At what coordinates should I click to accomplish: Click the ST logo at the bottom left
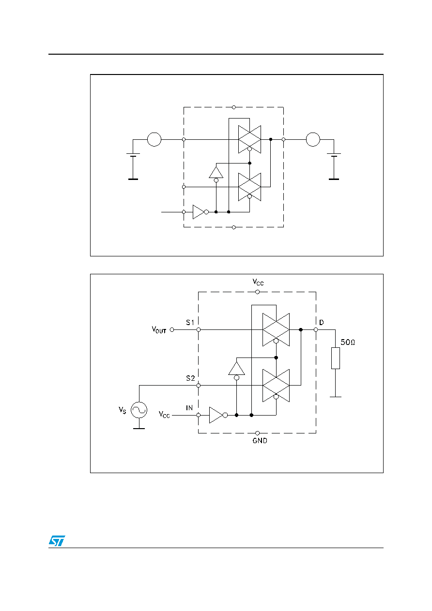coord(57,541)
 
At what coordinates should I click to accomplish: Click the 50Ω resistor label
coord(348,342)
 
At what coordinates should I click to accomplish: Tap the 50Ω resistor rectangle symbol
coord(336,358)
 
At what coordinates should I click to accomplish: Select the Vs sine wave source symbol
coord(139,410)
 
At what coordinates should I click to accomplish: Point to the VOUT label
coord(159,329)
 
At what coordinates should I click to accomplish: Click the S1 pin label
coord(190,322)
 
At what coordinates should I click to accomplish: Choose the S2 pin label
coord(190,378)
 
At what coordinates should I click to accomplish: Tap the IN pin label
coord(189,408)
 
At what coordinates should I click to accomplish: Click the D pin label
coord(322,322)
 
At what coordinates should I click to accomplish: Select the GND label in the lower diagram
coord(260,441)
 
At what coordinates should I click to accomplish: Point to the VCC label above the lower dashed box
coord(258,282)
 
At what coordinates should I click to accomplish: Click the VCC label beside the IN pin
coord(164,415)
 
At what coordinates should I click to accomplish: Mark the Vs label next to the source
coord(123,410)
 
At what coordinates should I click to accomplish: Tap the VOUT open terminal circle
coord(172,330)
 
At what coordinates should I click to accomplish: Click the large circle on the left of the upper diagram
coord(154,139)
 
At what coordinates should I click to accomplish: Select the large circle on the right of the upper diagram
coord(313,139)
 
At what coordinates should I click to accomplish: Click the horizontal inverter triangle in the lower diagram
coord(216,415)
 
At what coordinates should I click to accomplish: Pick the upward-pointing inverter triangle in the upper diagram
coord(216,172)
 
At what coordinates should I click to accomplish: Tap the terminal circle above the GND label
coord(257,433)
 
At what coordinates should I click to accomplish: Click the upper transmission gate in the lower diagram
coord(276,329)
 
